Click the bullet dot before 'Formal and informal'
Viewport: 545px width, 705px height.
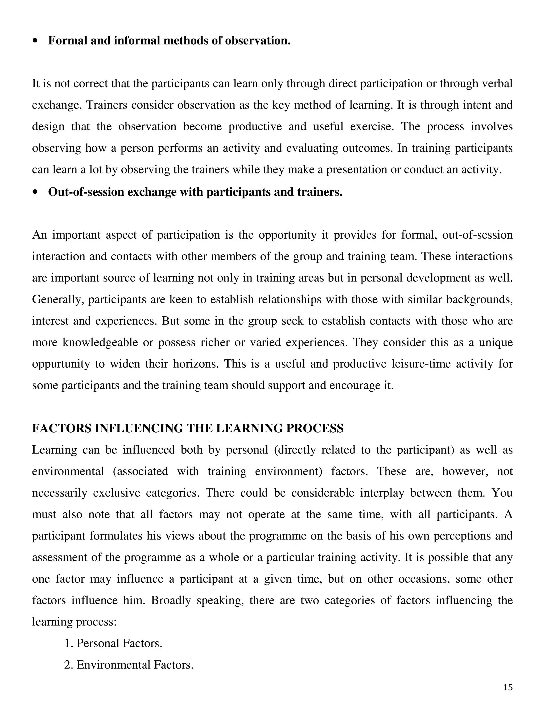(35, 41)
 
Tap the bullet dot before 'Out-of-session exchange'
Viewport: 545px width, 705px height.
(35, 192)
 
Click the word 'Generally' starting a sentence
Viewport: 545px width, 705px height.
(58, 299)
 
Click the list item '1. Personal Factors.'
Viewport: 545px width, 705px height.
(113, 643)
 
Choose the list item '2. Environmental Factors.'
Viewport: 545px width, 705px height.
(129, 665)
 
